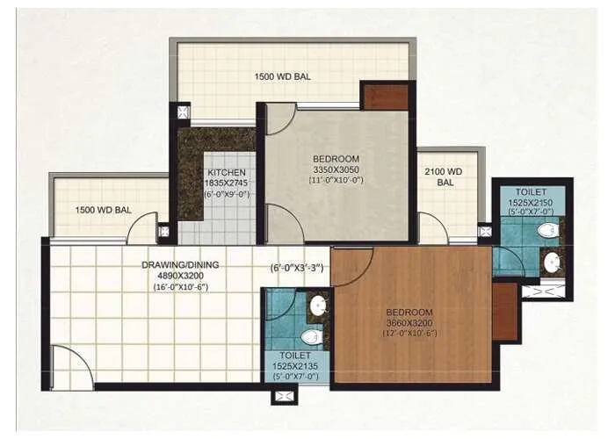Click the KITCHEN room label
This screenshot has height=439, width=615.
point(226,172)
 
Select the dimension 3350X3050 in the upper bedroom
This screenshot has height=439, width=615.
point(336,170)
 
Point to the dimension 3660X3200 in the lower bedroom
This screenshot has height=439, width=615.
point(410,323)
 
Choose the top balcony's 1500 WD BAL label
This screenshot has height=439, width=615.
point(283,76)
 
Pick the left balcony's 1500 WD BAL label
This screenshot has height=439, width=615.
point(104,210)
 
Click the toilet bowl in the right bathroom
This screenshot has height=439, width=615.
point(546,231)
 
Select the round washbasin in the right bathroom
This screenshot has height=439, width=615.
point(551,261)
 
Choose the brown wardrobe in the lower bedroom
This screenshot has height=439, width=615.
point(504,310)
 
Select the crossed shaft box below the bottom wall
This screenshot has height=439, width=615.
point(285,397)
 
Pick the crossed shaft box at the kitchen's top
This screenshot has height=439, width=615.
point(184,112)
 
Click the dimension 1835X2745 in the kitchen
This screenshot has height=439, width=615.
point(226,183)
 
